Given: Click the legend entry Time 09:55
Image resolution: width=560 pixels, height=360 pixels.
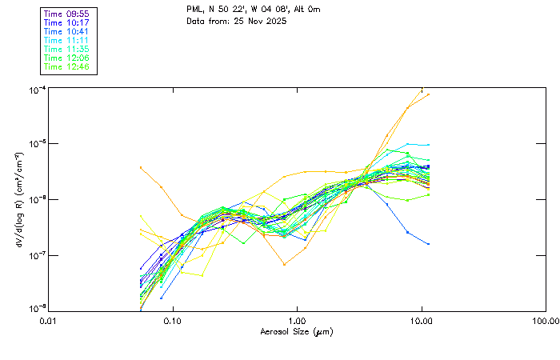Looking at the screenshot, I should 67,14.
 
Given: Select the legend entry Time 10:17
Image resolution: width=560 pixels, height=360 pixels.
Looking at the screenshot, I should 67,22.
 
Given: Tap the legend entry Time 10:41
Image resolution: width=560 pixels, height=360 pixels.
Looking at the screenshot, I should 67,31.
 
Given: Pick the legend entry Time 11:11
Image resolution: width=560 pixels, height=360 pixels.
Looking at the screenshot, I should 67,40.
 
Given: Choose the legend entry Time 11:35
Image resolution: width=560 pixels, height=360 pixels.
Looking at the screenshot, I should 67,49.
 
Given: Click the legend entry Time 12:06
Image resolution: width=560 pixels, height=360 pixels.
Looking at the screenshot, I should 67,58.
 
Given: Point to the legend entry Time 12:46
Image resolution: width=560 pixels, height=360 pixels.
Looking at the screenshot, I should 67,66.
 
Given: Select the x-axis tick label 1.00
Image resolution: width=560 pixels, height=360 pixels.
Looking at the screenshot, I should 297,321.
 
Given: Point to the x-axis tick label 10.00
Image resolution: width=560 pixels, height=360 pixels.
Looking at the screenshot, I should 422,321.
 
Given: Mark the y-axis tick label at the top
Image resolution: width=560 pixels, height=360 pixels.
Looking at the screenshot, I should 35,89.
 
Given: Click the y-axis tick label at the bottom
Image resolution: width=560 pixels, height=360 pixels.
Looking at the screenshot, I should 35,309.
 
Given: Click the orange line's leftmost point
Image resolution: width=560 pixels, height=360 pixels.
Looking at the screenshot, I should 141,167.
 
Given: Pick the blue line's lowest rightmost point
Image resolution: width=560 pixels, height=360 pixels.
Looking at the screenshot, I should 429,244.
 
